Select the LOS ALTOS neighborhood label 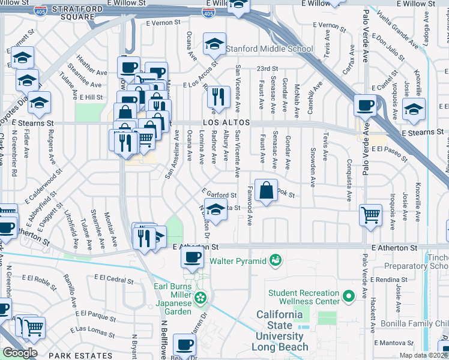(x=226, y=122)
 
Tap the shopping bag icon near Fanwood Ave (x=266, y=191)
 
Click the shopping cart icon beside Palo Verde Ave (x=370, y=214)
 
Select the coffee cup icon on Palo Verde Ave (x=365, y=106)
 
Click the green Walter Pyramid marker (x=276, y=260)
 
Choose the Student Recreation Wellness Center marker (x=349, y=295)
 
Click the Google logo (x=20, y=352)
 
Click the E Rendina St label (x=391, y=280)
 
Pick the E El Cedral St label (x=114, y=280)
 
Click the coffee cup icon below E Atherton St (x=192, y=257)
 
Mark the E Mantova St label (x=394, y=343)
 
